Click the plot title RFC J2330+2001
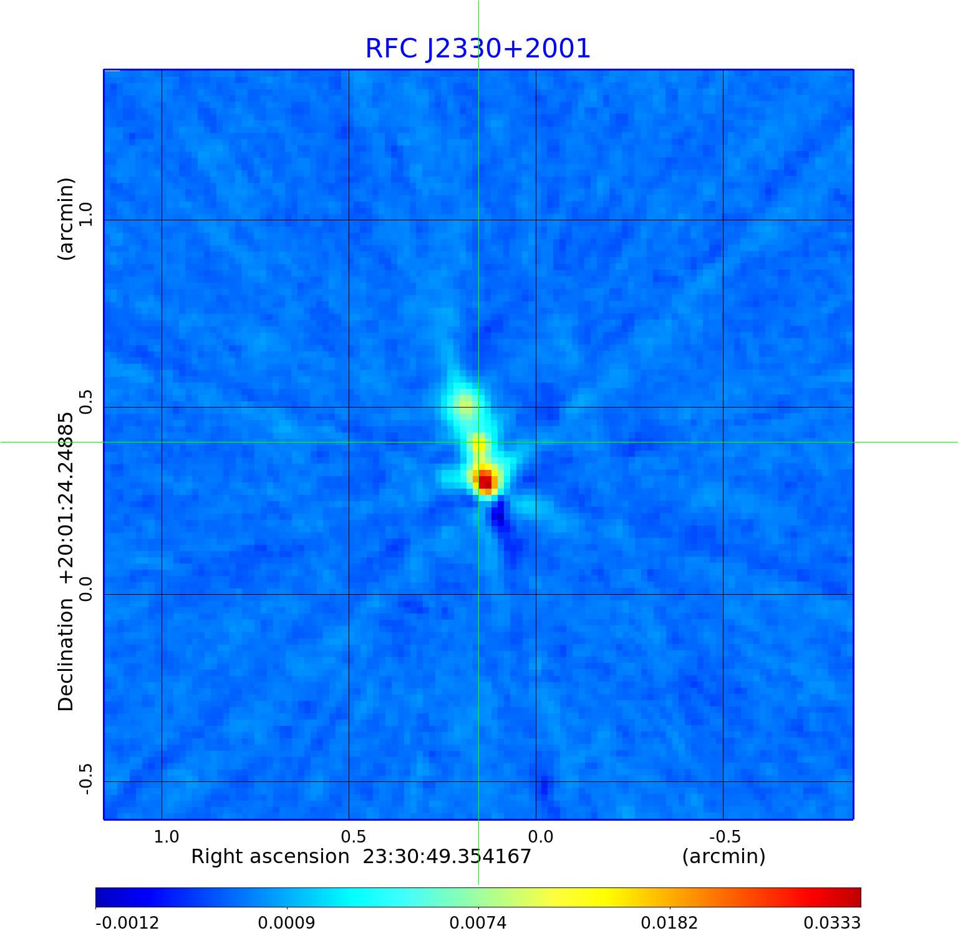[x=478, y=49]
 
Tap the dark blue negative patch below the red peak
[x=498, y=516]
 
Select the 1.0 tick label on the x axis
[x=166, y=836]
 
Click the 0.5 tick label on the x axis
[x=353, y=836]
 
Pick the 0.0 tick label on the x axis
[x=540, y=836]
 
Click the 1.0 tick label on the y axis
[x=85, y=215]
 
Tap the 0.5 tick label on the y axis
[x=85, y=402]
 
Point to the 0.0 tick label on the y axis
[x=85, y=589]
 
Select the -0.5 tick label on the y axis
[x=85, y=779]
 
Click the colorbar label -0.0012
[x=127, y=923]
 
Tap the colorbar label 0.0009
[x=288, y=923]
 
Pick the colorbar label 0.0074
[x=478, y=923]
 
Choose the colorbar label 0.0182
[x=670, y=923]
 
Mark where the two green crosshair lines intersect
[x=478, y=442]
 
